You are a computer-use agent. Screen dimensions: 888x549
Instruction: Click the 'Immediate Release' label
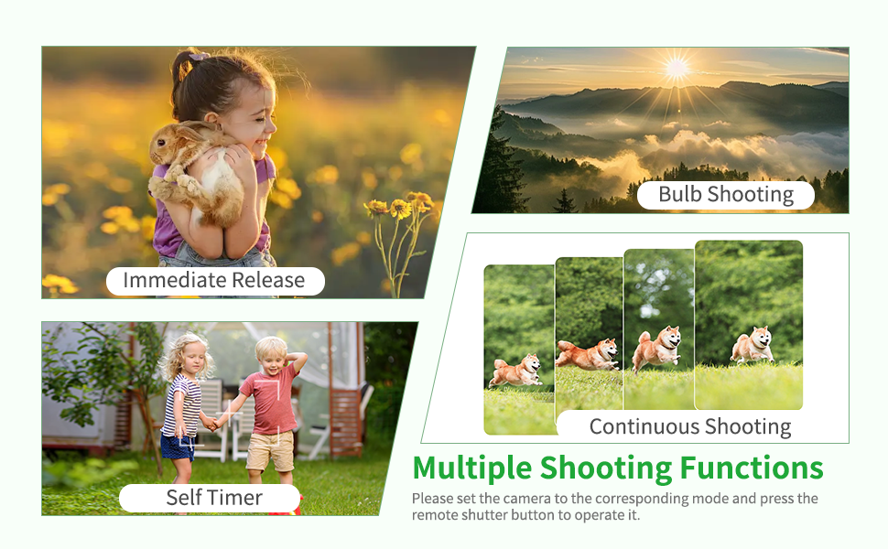tap(214, 280)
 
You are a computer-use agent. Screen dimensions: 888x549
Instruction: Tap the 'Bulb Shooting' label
tap(725, 194)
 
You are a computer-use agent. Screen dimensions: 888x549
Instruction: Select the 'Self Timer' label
tap(214, 498)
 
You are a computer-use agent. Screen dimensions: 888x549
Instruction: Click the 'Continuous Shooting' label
tap(689, 426)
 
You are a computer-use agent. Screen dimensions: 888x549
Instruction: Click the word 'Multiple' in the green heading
tap(472, 468)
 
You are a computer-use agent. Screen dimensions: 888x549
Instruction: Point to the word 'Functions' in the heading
tap(752, 468)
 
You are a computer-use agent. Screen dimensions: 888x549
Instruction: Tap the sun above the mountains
tap(677, 69)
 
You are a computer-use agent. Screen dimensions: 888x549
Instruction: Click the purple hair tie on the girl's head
tap(199, 56)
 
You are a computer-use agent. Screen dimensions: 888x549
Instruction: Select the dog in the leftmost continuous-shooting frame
tap(516, 371)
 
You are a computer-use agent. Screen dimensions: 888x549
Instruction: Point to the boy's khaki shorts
tap(270, 450)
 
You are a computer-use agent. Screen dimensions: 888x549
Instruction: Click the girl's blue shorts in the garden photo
tap(178, 447)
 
